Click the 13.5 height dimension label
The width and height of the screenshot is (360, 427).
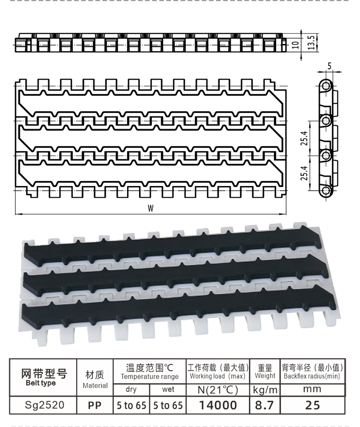click(x=312, y=42)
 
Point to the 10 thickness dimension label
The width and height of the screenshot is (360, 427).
click(x=296, y=45)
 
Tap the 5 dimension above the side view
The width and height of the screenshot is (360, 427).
click(x=329, y=66)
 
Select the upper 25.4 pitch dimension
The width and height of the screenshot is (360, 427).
click(x=304, y=138)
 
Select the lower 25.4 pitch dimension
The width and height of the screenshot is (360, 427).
click(x=304, y=173)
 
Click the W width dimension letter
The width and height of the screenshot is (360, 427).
click(x=150, y=208)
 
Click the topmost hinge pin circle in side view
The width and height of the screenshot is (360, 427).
click(x=325, y=86)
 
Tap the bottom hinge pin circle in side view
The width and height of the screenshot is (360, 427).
click(x=325, y=190)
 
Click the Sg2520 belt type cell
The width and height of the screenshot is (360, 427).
click(x=44, y=405)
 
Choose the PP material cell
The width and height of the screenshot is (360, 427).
click(x=94, y=405)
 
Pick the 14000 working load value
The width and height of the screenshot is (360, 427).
click(x=218, y=405)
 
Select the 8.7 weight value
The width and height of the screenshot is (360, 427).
click(x=264, y=405)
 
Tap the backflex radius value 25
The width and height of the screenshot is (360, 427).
click(x=312, y=405)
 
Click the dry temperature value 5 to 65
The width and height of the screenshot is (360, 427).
click(x=131, y=406)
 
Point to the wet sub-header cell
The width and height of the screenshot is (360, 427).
click(x=168, y=390)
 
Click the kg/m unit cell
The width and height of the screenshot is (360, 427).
click(x=265, y=390)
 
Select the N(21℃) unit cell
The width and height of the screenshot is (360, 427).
click(x=218, y=390)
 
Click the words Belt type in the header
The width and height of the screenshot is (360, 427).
click(x=41, y=383)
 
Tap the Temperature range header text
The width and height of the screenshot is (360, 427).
click(x=149, y=376)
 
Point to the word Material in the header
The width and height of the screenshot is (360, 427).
click(x=95, y=386)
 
